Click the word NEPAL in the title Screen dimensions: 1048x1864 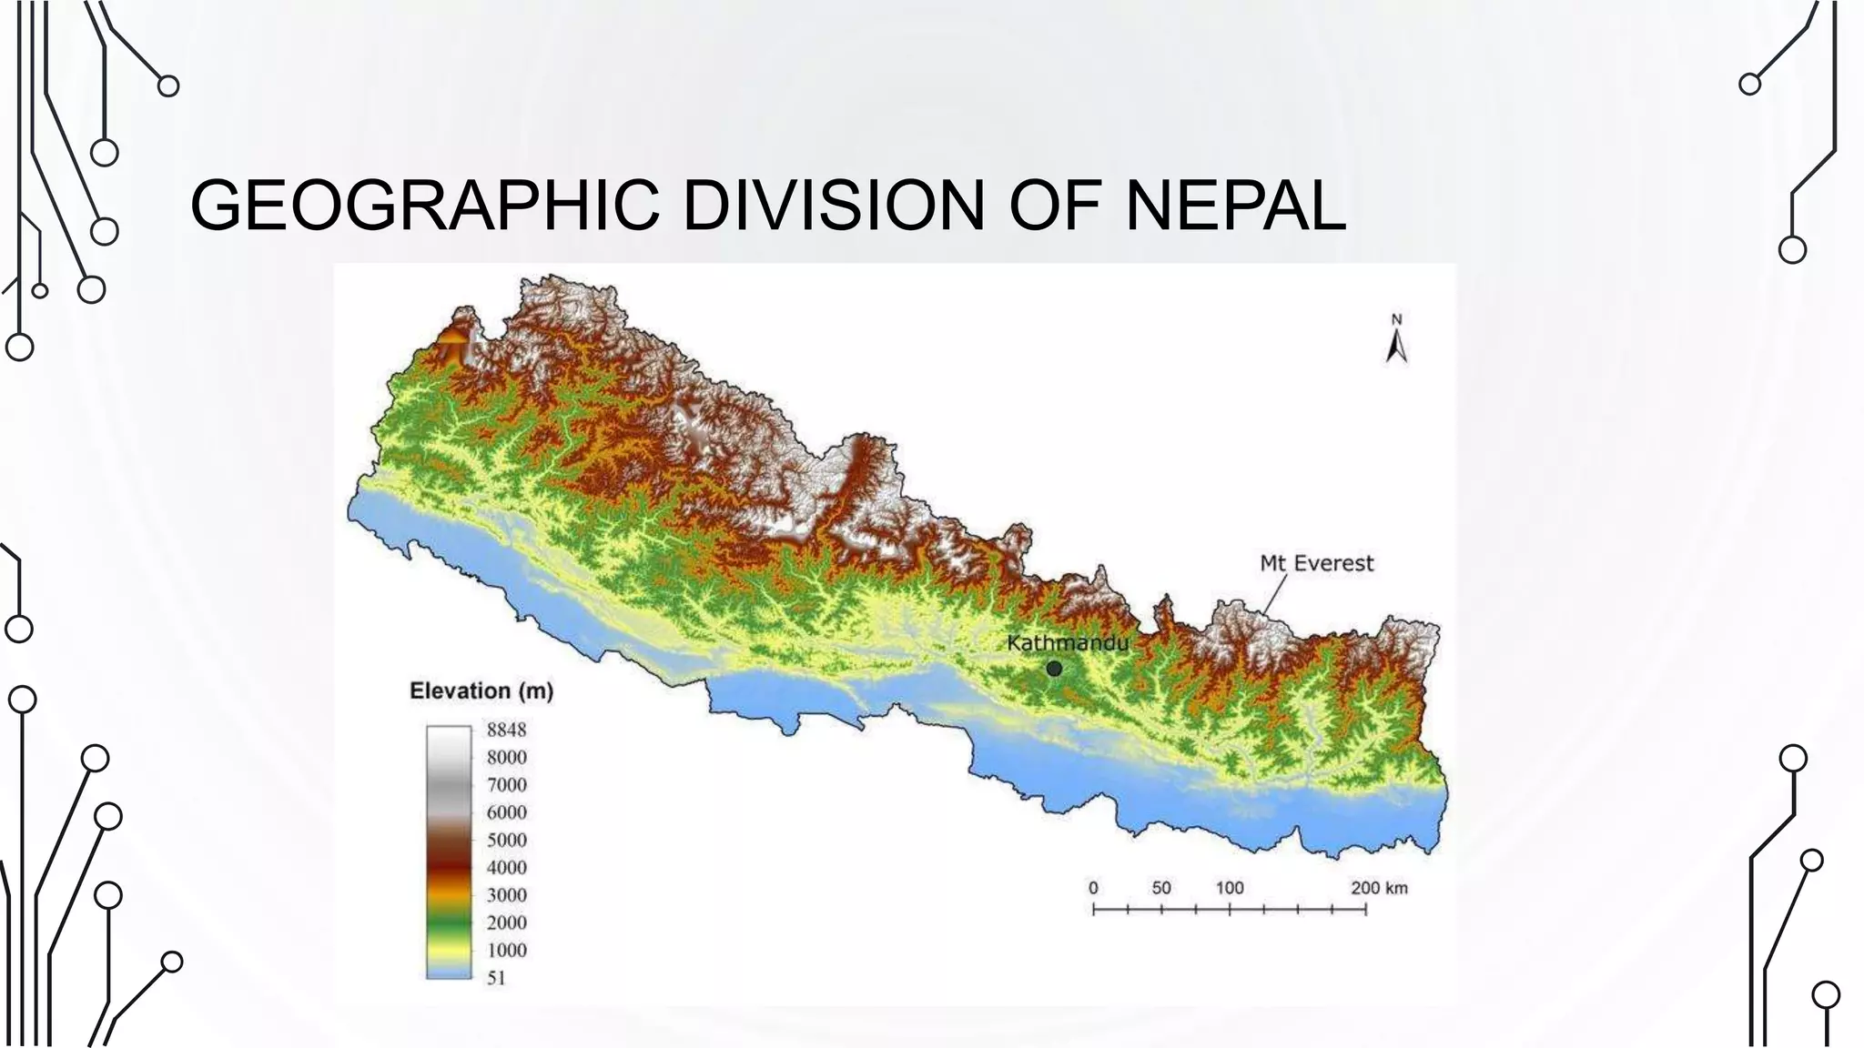(1235, 205)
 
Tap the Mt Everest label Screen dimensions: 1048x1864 (1316, 564)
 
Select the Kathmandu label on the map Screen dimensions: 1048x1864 (1067, 643)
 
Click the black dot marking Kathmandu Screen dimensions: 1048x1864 (1054, 669)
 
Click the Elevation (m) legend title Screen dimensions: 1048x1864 (481, 691)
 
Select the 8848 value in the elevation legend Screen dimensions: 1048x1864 (506, 730)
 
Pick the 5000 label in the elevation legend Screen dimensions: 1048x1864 (506, 840)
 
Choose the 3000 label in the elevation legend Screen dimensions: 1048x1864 (506, 895)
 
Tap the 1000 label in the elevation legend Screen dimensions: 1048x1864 (506, 950)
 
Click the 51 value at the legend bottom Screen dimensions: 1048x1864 (496, 978)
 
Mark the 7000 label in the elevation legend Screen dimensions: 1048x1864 (506, 785)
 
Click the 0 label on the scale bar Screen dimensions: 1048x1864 (1093, 888)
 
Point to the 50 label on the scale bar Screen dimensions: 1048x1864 (1161, 888)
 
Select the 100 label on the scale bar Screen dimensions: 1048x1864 (1230, 888)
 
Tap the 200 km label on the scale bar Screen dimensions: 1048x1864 (1379, 888)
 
